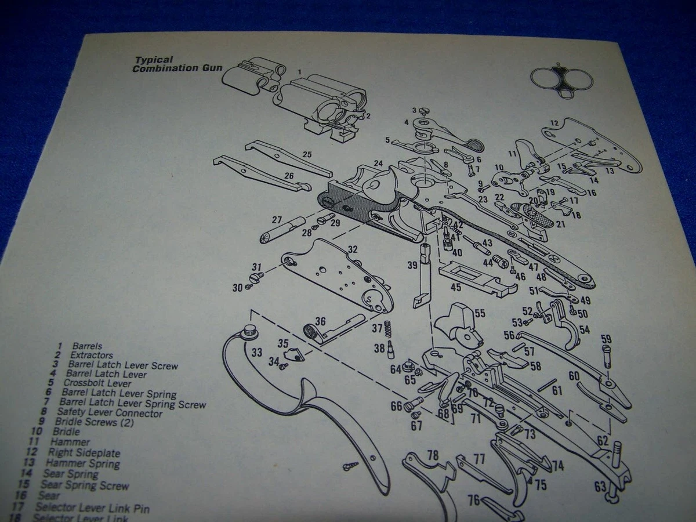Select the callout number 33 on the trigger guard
[x=256, y=352]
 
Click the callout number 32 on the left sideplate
[x=352, y=249]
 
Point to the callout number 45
[x=456, y=287]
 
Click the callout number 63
[x=599, y=485]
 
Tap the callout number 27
[x=277, y=220]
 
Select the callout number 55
[x=479, y=313]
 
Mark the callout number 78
[x=433, y=455]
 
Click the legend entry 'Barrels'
[x=87, y=346]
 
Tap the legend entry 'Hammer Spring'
[x=82, y=463]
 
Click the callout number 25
[x=307, y=154]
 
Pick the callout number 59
[x=606, y=339]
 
